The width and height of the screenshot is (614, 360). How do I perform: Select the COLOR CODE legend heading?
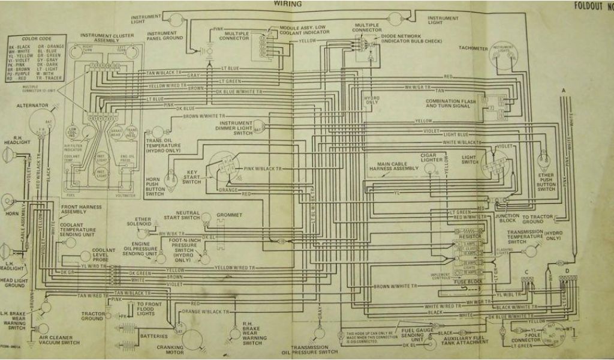click(35, 38)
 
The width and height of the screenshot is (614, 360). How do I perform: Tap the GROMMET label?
click(230, 214)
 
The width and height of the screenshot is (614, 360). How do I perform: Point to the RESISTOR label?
click(471, 238)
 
